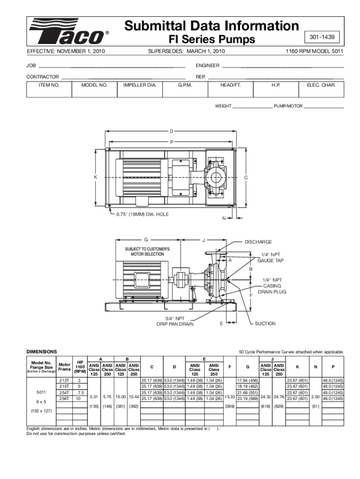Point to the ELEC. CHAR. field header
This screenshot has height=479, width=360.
pyautogui.click(x=321, y=85)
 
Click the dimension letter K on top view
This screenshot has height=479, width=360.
pyautogui.click(x=95, y=177)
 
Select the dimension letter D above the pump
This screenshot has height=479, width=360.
pyautogui.click(x=171, y=131)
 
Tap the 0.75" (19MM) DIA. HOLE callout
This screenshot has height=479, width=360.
pyautogui.click(x=142, y=214)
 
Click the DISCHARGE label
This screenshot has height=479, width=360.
pyautogui.click(x=259, y=242)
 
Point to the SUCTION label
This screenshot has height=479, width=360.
pyautogui.click(x=265, y=323)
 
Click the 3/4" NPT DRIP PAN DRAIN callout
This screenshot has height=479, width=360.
pyautogui.click(x=175, y=321)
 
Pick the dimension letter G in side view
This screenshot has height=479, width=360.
pyautogui.click(x=146, y=240)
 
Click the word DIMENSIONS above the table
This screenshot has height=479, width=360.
pyautogui.click(x=42, y=351)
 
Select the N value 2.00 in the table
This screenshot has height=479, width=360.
pyautogui.click(x=316, y=396)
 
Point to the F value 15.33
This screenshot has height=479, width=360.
pyautogui.click(x=230, y=396)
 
